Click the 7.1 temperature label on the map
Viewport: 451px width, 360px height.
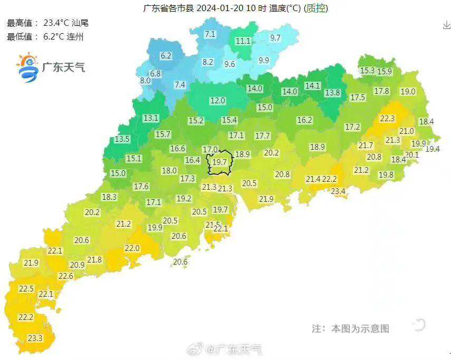pyautogui.click(x=210, y=34)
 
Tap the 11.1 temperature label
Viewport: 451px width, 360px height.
pyautogui.click(x=243, y=41)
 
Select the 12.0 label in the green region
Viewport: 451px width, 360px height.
pyautogui.click(x=217, y=100)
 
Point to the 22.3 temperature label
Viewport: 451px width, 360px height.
pyautogui.click(x=387, y=119)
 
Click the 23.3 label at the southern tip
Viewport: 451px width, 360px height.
pyautogui.click(x=35, y=338)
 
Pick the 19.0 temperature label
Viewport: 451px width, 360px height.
pyautogui.click(x=408, y=91)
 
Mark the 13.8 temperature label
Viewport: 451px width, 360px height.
pyautogui.click(x=332, y=93)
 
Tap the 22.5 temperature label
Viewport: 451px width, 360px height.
pyautogui.click(x=26, y=289)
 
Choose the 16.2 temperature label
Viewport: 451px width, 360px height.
pyautogui.click(x=304, y=120)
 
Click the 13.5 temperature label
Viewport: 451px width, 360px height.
pyautogui.click(x=122, y=139)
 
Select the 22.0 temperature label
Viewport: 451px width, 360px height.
pyautogui.click(x=132, y=248)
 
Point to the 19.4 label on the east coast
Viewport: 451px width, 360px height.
pyautogui.click(x=433, y=149)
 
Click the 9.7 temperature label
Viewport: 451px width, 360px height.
pyautogui.click(x=275, y=38)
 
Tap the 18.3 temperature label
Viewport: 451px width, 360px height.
pyautogui.click(x=109, y=197)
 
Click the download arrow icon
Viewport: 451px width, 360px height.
pyautogui.click(x=446, y=25)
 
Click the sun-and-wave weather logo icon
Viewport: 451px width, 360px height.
pyautogui.click(x=27, y=67)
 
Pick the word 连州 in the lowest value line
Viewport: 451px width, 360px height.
pyautogui.click(x=75, y=36)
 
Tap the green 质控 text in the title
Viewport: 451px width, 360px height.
pyautogui.click(x=316, y=8)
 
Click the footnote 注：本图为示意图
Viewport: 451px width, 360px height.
pyautogui.click(x=350, y=329)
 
